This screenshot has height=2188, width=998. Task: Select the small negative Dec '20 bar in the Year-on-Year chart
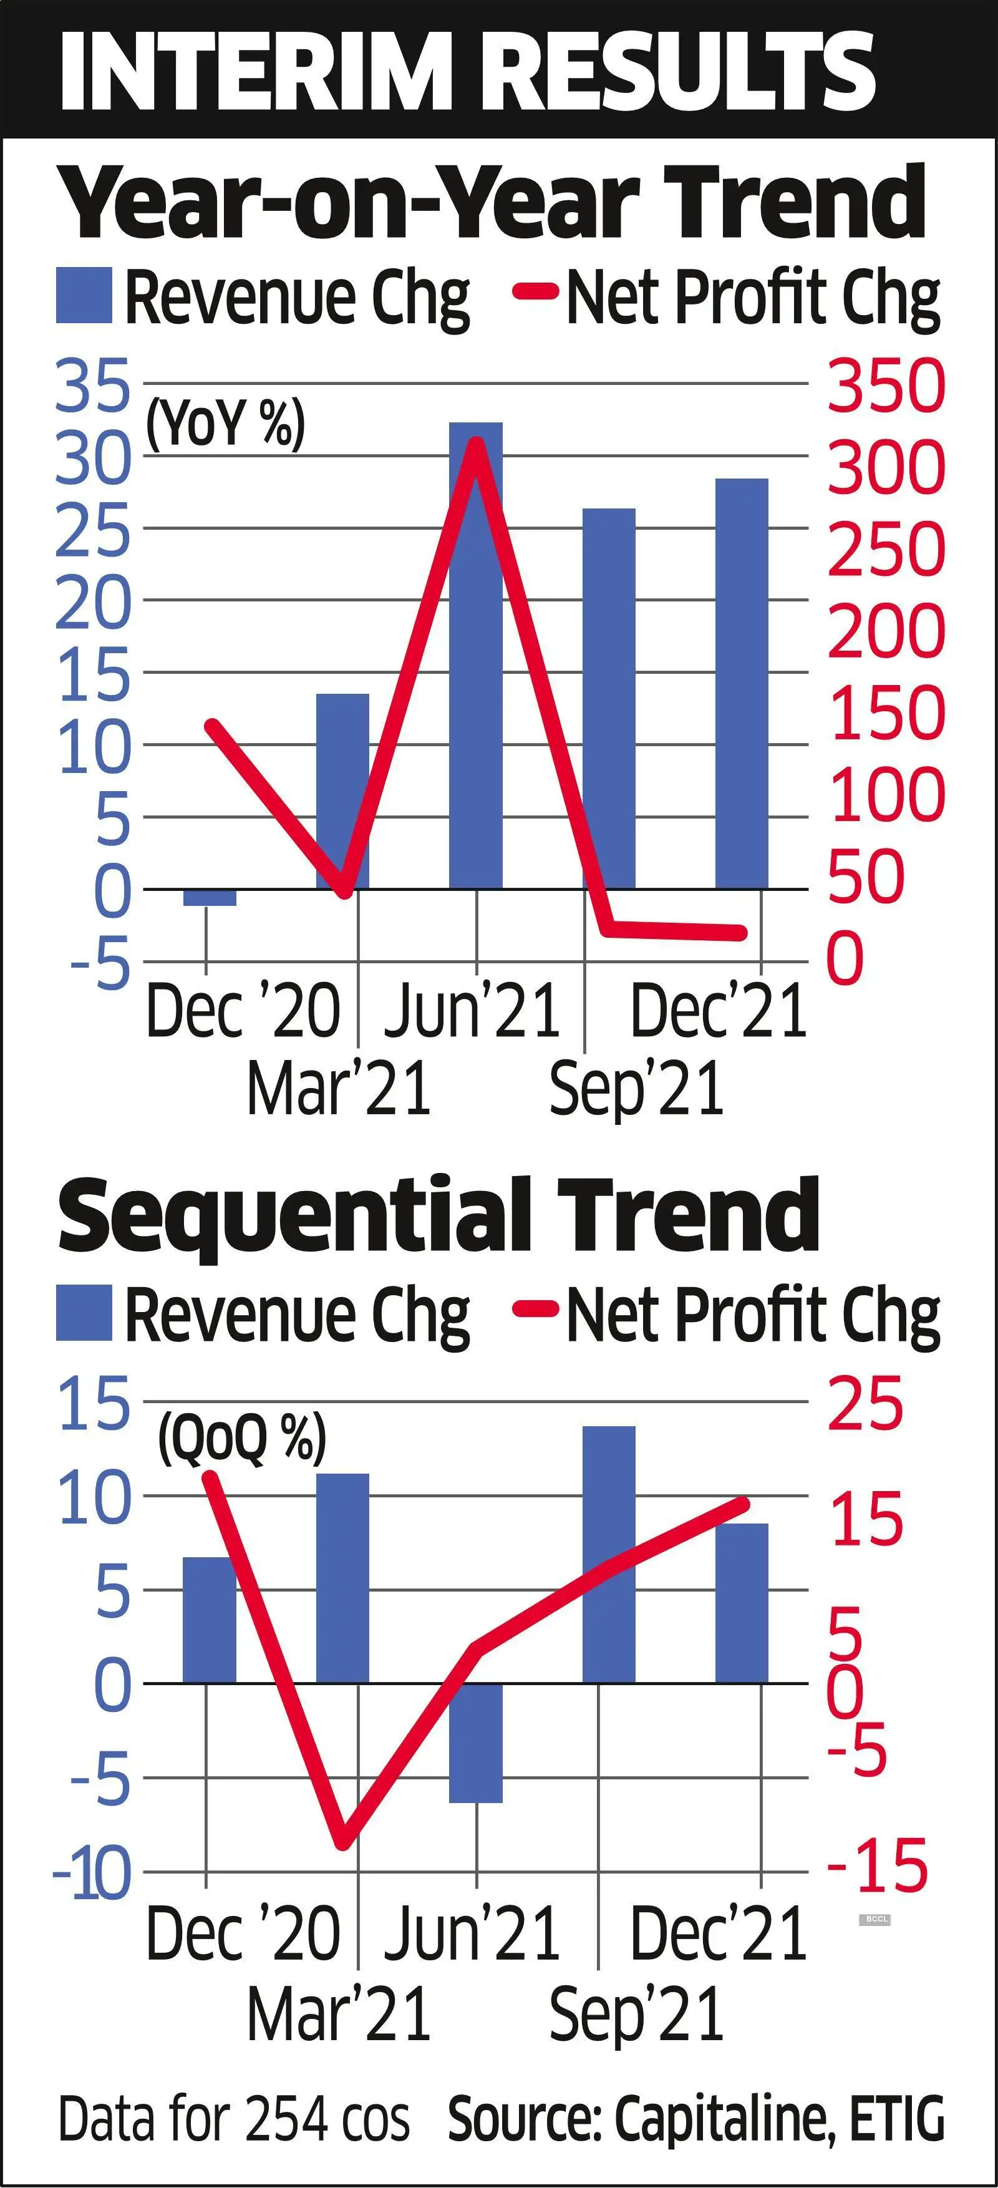(x=209, y=898)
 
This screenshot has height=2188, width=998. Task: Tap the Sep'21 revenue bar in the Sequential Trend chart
(x=608, y=1554)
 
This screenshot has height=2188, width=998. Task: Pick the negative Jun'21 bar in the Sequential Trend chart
(x=476, y=1742)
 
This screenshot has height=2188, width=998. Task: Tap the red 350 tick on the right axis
(x=885, y=386)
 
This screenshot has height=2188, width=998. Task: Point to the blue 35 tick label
(x=94, y=386)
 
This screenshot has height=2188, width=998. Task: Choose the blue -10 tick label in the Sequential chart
(x=94, y=1873)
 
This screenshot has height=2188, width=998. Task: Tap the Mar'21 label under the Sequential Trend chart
(x=338, y=2013)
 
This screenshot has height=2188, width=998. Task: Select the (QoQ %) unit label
(x=242, y=1438)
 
